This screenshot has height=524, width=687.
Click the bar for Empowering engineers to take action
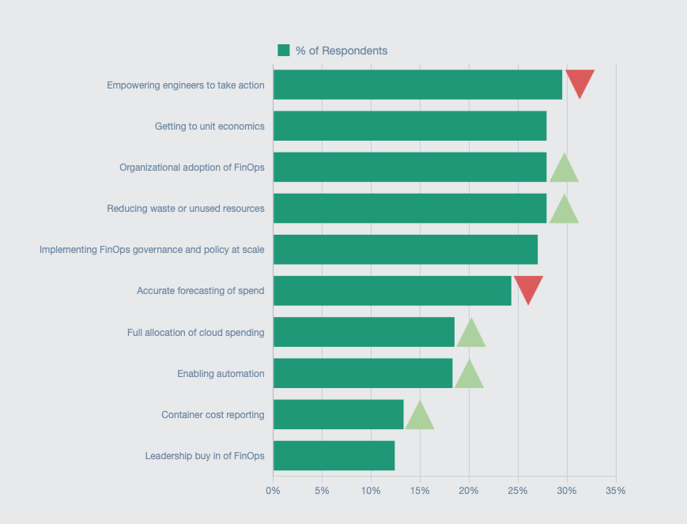coord(417,85)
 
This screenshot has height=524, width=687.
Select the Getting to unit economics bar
coord(410,126)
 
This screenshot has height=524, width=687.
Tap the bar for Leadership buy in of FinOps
coord(334,455)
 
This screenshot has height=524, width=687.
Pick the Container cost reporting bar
coord(338,414)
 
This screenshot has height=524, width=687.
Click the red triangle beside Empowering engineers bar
coord(579,81)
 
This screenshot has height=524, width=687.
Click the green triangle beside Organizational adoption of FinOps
coord(564,170)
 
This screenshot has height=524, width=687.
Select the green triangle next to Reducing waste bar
coord(564,211)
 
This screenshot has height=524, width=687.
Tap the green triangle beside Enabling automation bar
coord(469,376)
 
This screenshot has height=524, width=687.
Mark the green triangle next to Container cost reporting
coord(420,417)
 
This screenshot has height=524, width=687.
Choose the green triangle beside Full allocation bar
coord(471,335)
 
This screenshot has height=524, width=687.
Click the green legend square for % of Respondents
coord(284,51)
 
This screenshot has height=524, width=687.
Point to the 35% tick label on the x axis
coord(616,491)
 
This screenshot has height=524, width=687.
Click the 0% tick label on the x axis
coord(274,491)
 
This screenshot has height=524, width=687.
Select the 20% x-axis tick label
coord(469,491)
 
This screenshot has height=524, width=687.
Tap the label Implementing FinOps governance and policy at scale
coord(152,250)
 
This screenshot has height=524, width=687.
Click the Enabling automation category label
coord(221,373)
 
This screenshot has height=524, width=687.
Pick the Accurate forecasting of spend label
coord(200,291)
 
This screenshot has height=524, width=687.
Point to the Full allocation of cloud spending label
coord(195,332)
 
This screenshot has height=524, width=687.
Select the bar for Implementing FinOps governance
coord(406,249)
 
